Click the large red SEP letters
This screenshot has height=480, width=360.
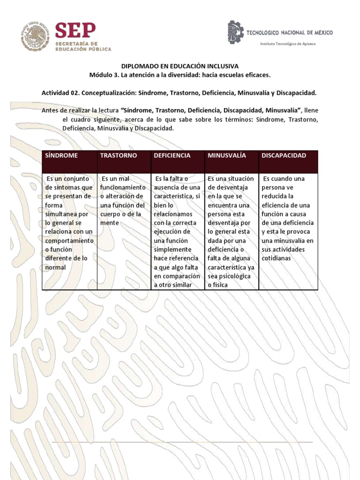coord(75,32)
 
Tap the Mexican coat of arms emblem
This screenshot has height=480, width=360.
coord(34,36)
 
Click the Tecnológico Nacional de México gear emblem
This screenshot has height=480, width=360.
coord(236,32)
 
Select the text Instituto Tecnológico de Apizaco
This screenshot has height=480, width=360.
coord(288,44)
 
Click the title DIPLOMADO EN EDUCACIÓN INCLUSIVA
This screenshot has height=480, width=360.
coord(180,67)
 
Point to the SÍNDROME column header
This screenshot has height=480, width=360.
coord(62,156)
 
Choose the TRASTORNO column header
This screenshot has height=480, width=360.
coord(118,156)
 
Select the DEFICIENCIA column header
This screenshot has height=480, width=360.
coord(172,156)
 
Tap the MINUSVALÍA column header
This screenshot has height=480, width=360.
coord(226,156)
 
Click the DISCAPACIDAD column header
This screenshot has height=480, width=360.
coord(284,156)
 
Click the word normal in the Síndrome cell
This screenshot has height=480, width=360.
coord(56,267)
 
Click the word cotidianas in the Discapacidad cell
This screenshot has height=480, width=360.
coord(277,258)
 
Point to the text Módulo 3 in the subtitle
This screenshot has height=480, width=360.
coord(103,75)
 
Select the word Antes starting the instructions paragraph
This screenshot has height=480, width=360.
coord(51,111)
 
